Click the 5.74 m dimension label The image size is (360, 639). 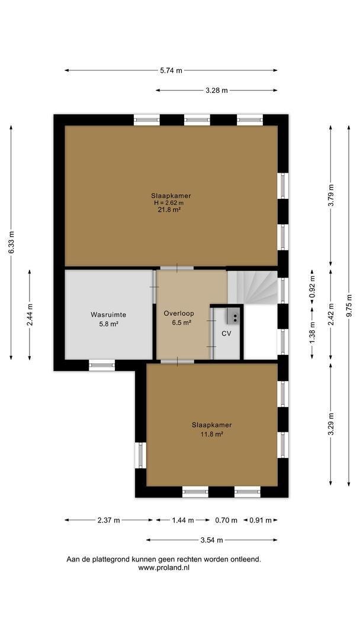coord(171,70)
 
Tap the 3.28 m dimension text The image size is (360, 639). coord(217,91)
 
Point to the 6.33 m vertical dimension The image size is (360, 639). coord(11,243)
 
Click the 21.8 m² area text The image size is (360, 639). coord(171,209)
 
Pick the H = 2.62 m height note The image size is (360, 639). coord(169,202)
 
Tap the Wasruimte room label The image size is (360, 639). coord(108,315)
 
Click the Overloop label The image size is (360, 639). coord(179,314)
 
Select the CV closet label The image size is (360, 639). coord(226,333)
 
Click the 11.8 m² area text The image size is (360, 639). coord(212,434)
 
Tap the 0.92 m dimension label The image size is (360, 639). coord(312,288)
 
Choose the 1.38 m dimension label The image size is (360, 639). coord(312,333)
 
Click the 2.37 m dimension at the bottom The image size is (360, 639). coord(109,520)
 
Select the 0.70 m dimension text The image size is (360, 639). coord(226,520)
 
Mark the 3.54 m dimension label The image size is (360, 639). coord(212,540)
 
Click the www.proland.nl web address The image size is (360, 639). coord(164,567)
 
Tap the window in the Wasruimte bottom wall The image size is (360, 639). coord(102,365)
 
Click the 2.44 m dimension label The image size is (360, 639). coord(30,315)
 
